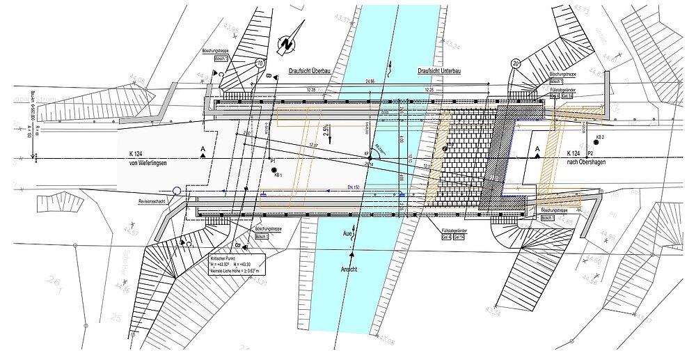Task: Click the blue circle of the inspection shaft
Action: (177, 190)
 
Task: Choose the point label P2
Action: (590, 152)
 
